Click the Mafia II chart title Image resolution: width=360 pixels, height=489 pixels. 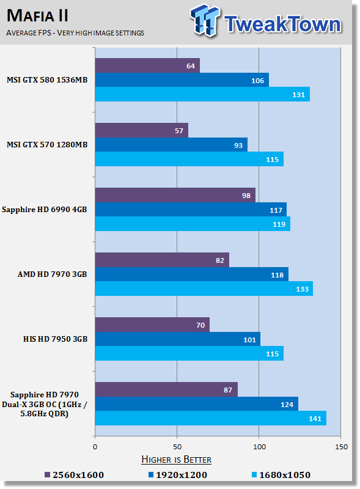37,16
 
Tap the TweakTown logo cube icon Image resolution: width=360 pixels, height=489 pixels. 205,20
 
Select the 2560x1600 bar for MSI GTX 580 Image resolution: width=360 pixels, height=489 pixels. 147,65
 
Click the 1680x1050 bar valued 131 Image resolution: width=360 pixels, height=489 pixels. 202,94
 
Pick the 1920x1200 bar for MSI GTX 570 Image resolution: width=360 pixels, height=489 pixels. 171,145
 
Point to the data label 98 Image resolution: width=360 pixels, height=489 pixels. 246,196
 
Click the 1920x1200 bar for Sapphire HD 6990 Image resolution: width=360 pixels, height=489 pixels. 191,210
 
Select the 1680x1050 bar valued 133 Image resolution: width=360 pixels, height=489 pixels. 204,289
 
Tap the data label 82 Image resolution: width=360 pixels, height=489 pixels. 220,260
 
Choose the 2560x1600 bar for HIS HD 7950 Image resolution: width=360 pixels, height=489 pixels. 152,325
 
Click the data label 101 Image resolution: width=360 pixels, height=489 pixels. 249,340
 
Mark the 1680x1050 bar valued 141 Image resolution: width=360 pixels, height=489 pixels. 211,418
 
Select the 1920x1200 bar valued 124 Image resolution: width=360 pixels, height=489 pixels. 197,404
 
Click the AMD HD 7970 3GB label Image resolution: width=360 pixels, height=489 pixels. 52,274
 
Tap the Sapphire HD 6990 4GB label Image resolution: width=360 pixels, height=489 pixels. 44,210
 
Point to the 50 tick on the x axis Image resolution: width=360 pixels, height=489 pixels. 177,447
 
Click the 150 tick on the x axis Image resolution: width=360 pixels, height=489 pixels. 341,447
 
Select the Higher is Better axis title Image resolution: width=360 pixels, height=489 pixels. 176,460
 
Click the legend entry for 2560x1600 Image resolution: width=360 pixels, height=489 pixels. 74,475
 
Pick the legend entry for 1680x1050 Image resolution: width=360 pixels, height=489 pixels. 281,475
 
